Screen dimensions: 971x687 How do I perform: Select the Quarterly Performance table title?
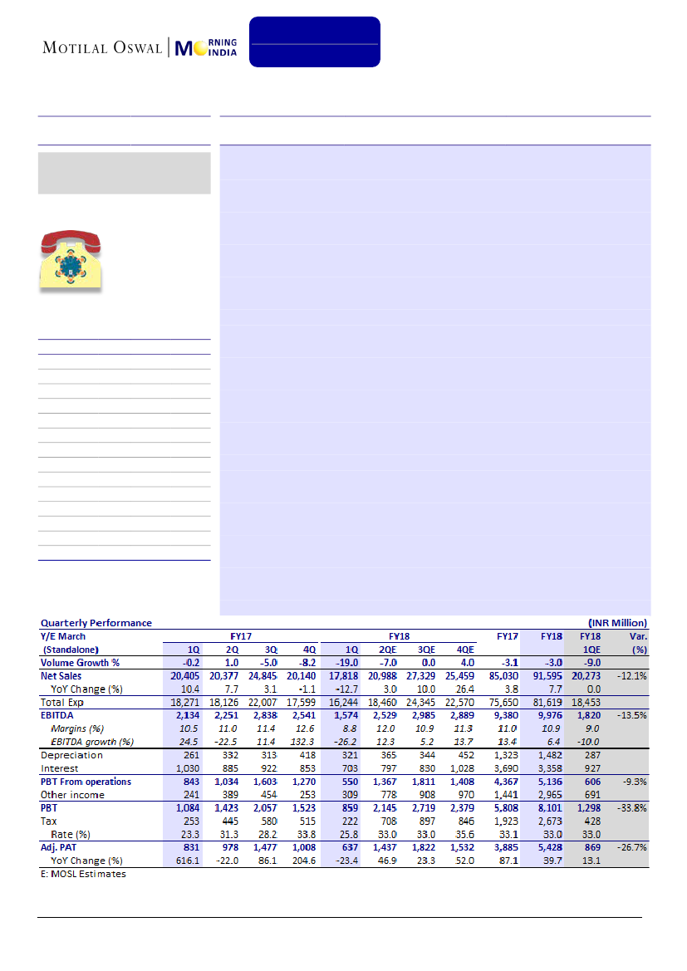(x=96, y=622)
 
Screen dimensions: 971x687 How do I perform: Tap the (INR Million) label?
(x=617, y=622)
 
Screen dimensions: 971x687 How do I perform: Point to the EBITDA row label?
(x=60, y=716)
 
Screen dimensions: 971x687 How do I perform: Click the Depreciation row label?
(x=71, y=755)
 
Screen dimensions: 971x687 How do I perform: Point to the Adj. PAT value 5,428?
(x=552, y=847)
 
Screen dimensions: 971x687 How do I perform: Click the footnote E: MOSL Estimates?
(x=84, y=874)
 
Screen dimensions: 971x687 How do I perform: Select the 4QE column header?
(x=465, y=650)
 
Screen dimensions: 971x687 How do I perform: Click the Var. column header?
(x=636, y=636)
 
